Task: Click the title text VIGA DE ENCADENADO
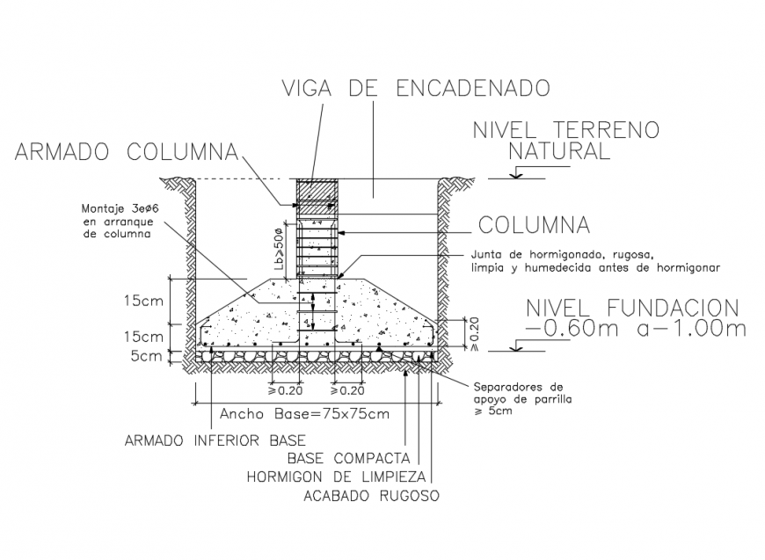416,88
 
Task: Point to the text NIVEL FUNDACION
631,308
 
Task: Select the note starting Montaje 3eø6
115,222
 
